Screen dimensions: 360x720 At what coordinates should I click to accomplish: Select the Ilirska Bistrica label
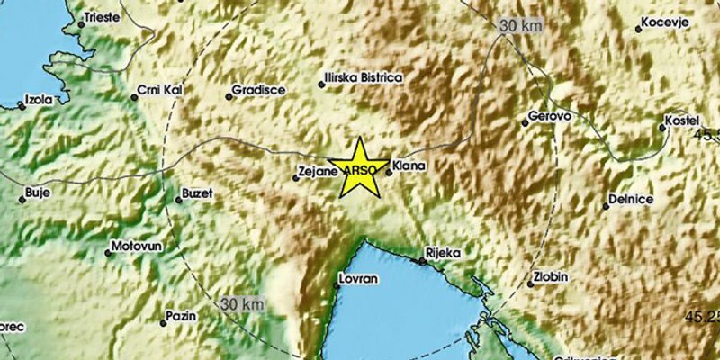(364, 78)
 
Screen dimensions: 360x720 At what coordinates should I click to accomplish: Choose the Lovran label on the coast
(358, 279)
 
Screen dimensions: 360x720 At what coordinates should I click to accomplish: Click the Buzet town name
(198, 193)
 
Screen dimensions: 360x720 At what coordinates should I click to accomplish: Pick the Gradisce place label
(258, 90)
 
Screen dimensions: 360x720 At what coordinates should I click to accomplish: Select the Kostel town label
(683, 120)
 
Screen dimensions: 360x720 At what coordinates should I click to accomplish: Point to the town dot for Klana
(388, 173)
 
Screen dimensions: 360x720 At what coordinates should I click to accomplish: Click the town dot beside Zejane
(295, 178)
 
